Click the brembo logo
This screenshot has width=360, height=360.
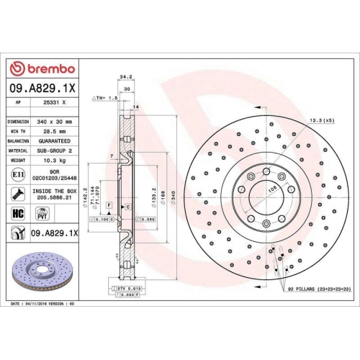click(x=41, y=68)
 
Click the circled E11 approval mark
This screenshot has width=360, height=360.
click(x=17, y=174)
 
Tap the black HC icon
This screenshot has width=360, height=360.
click(x=18, y=214)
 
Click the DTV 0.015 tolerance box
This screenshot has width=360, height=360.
click(x=125, y=287)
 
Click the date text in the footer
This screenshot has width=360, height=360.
click(x=43, y=305)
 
